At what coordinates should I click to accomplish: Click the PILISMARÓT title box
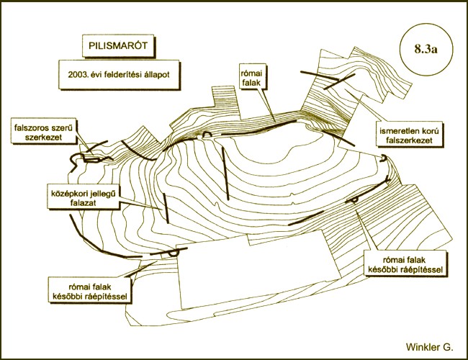[x=118, y=45]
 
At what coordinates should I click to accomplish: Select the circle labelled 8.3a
[x=426, y=49]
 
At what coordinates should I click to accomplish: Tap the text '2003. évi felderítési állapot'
[x=119, y=74]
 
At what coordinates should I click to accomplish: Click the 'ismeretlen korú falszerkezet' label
[x=409, y=135]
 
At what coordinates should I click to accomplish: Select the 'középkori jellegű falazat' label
[x=83, y=198]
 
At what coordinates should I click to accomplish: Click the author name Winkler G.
[x=429, y=346]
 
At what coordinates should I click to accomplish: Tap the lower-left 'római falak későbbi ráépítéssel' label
[x=89, y=291]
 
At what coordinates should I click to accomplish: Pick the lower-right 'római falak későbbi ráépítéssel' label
[x=405, y=264]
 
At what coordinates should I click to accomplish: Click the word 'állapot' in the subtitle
[x=157, y=74]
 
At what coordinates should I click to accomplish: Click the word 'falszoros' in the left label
[x=29, y=127]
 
